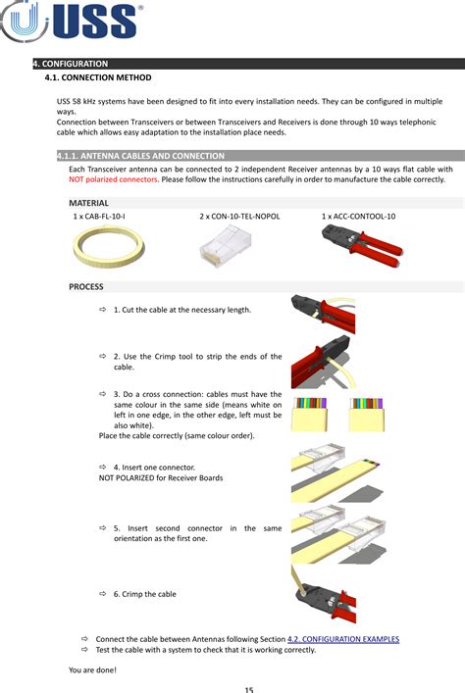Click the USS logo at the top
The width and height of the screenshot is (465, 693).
[73, 24]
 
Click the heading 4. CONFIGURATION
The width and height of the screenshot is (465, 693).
[70, 64]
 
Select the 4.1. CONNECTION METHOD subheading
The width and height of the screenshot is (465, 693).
[98, 76]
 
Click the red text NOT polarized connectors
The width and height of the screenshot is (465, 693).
[113, 179]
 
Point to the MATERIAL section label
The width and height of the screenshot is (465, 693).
[88, 202]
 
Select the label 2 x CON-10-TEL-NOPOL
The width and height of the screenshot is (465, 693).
[238, 215]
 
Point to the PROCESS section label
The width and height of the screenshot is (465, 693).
[86, 286]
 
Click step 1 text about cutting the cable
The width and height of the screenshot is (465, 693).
[181, 310]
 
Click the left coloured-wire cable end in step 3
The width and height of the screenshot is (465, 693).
[309, 413]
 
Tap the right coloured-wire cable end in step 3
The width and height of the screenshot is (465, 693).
[368, 413]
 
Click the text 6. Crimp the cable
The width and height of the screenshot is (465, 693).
[144, 594]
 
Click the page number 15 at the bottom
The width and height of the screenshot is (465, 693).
[249, 689]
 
